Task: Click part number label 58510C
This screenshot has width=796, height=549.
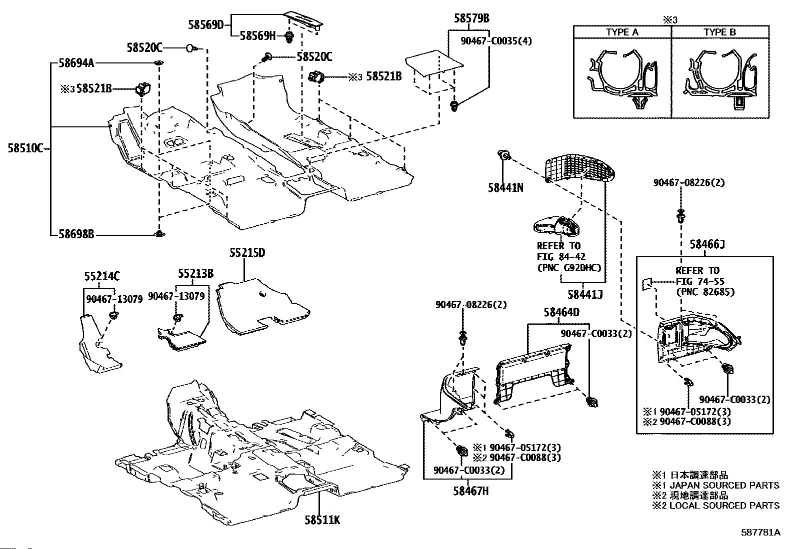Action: click(x=25, y=148)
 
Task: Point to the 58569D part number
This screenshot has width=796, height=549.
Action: click(x=206, y=23)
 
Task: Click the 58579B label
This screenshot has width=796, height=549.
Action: click(x=471, y=19)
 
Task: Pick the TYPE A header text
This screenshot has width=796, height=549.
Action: click(x=622, y=32)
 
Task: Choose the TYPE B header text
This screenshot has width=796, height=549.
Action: click(x=719, y=32)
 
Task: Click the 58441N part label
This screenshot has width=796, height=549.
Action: click(x=505, y=187)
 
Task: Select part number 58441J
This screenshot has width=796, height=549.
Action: click(x=585, y=295)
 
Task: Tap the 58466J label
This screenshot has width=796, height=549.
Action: click(x=707, y=244)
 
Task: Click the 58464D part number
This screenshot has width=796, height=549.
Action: click(x=561, y=312)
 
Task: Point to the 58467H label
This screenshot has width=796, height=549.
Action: click(x=471, y=491)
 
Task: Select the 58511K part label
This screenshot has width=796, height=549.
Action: click(x=322, y=520)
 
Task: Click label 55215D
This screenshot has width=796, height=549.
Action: click(x=247, y=253)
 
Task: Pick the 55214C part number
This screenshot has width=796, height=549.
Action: click(x=102, y=276)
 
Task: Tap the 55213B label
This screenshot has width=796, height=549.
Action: click(x=196, y=273)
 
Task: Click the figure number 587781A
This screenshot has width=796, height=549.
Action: click(x=760, y=533)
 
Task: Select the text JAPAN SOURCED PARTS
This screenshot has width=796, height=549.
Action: click(x=724, y=485)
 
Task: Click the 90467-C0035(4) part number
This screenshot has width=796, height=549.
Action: click(x=496, y=41)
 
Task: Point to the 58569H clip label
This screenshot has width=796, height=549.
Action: click(x=257, y=35)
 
